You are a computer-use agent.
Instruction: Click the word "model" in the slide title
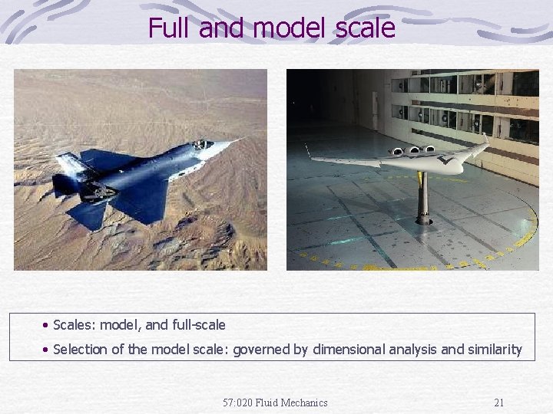(288, 28)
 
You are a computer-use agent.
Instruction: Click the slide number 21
(499, 402)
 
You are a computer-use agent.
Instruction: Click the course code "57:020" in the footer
(237, 402)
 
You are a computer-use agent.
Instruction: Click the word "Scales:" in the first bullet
(74, 325)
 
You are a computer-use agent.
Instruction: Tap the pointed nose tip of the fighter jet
(240, 139)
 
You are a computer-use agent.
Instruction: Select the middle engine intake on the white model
(414, 150)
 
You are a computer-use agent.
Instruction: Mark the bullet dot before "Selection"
(47, 350)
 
